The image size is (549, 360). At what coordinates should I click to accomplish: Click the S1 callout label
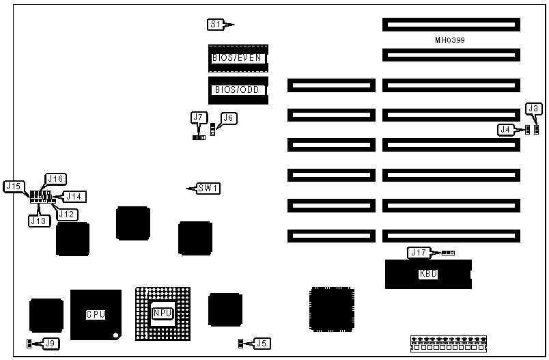216,25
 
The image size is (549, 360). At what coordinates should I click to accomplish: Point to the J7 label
199,117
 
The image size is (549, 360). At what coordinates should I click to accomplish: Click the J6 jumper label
229,117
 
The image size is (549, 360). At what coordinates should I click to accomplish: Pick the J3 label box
535,108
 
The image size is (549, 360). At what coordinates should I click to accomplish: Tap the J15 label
14,186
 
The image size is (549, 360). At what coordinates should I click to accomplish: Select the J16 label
55,178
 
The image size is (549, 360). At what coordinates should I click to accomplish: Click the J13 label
38,220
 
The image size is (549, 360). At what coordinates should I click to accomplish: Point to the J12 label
67,214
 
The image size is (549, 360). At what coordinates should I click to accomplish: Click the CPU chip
96,315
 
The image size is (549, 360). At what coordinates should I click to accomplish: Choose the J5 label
262,343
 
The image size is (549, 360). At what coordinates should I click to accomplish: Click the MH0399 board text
450,40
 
